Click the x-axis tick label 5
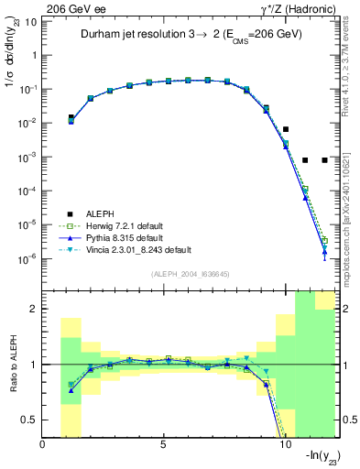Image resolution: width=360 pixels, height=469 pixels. [163, 446]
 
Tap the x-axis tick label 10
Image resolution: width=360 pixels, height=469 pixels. [283, 446]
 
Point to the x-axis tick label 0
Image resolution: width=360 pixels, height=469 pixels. [43, 446]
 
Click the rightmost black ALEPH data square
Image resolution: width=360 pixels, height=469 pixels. [324, 160]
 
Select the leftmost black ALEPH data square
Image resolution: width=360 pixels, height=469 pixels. [71, 117]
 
